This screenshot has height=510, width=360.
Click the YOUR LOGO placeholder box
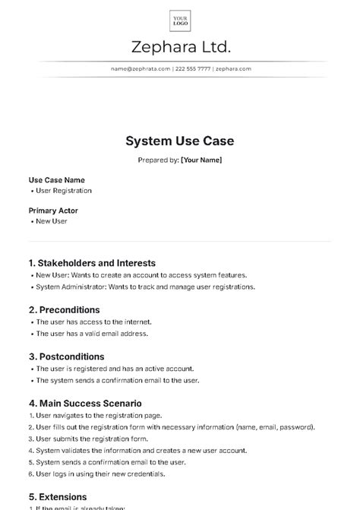tap(180, 21)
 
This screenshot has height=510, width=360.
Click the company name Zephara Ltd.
tap(180, 47)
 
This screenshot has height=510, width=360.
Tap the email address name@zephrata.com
tap(141, 68)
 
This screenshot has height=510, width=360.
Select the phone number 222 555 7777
tap(193, 68)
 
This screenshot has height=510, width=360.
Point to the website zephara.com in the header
tap(233, 68)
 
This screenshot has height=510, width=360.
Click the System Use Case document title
tap(180, 141)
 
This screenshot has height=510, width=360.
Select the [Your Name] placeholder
tap(201, 160)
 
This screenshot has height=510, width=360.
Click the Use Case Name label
tap(57, 180)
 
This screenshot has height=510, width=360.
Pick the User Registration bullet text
tap(64, 191)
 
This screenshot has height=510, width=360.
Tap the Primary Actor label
tap(53, 211)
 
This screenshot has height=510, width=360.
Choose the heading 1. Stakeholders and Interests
tap(92, 263)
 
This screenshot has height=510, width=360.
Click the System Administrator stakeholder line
tap(145, 287)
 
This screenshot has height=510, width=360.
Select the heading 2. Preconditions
tap(65, 310)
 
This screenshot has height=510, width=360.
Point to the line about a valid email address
tap(92, 333)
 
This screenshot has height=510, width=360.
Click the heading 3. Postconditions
tap(67, 356)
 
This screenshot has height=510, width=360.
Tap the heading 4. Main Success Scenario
tap(85, 403)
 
